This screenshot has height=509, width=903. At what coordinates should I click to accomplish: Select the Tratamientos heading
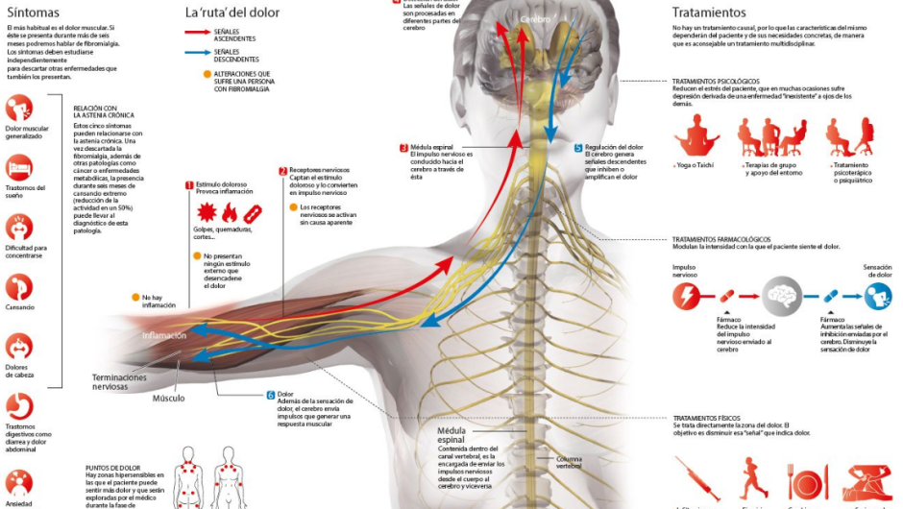tap(708, 12)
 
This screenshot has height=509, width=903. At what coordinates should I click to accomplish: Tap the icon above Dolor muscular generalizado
tap(19, 107)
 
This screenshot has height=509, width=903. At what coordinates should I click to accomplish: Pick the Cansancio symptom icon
tap(19, 287)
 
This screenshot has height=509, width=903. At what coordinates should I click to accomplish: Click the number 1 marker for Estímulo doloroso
tap(189, 184)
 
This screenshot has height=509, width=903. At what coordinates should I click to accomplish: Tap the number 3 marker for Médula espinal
tap(403, 148)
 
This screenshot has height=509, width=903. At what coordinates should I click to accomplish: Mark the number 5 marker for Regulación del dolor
tap(578, 148)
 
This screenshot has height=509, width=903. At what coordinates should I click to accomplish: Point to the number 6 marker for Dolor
tap(271, 395)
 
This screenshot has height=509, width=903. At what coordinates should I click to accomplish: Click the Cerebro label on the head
tap(536, 19)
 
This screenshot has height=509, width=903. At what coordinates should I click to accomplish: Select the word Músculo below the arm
tap(167, 398)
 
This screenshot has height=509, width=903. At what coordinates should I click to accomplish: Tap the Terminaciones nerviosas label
tap(120, 382)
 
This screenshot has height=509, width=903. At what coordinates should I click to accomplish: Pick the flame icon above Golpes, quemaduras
tap(229, 213)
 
